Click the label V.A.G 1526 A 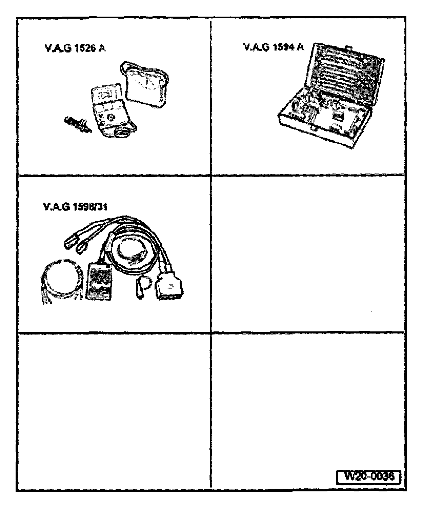click(x=75, y=48)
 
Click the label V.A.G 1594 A click(x=274, y=47)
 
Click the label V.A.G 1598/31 click(x=75, y=206)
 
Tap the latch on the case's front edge click(x=314, y=129)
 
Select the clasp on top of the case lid click(x=347, y=47)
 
